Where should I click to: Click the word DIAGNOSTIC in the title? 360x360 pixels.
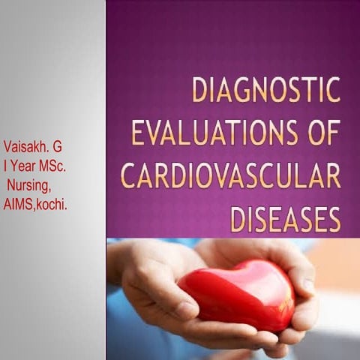click(x=265, y=90)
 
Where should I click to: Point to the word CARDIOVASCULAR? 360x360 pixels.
click(x=230, y=176)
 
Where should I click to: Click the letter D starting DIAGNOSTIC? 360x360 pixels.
click(x=199, y=90)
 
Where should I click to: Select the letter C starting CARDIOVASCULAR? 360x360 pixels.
click(x=128, y=177)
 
